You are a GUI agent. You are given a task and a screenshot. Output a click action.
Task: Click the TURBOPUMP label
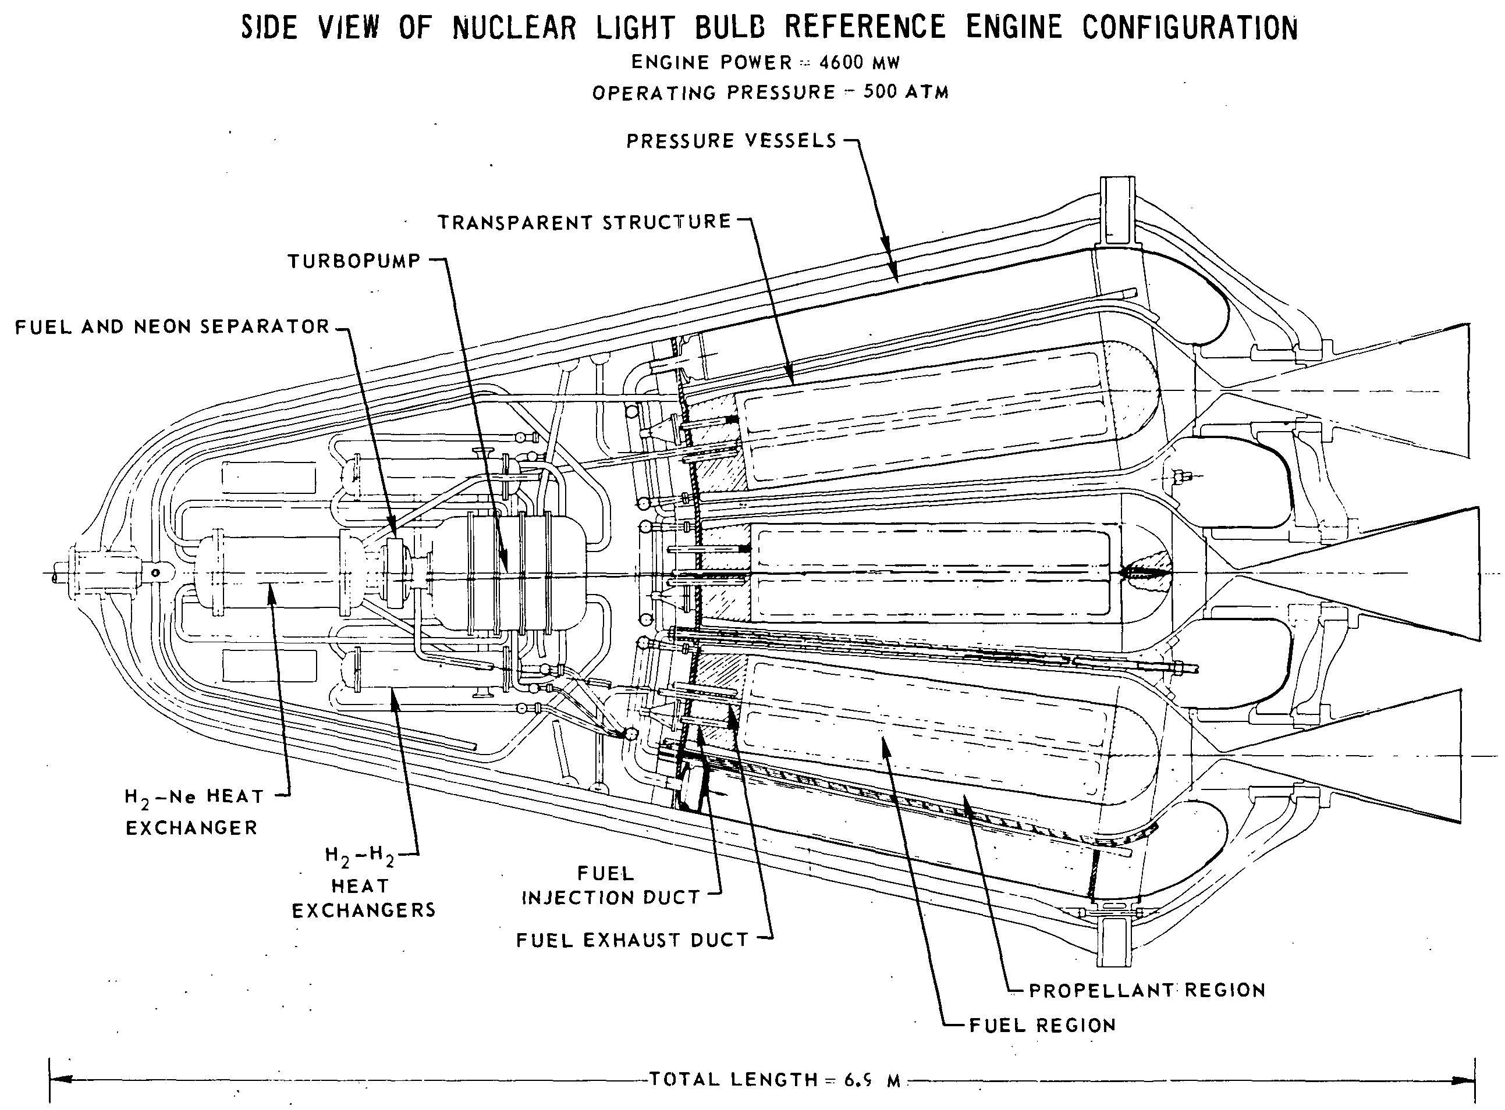tap(354, 261)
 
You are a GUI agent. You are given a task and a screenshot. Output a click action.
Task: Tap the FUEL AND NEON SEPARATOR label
tap(173, 326)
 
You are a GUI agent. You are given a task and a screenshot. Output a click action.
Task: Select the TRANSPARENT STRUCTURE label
tap(585, 222)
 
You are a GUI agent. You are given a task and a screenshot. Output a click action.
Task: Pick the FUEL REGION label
tap(1042, 1024)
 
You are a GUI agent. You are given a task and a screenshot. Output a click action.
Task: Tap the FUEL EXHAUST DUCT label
tap(633, 940)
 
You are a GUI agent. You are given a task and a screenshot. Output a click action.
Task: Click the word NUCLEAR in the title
tap(515, 27)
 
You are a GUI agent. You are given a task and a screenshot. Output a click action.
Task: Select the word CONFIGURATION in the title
tap(1190, 27)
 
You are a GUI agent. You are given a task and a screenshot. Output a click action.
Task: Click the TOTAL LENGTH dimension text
tap(775, 1080)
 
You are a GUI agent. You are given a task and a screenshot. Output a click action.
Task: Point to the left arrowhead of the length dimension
tap(61, 1080)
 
